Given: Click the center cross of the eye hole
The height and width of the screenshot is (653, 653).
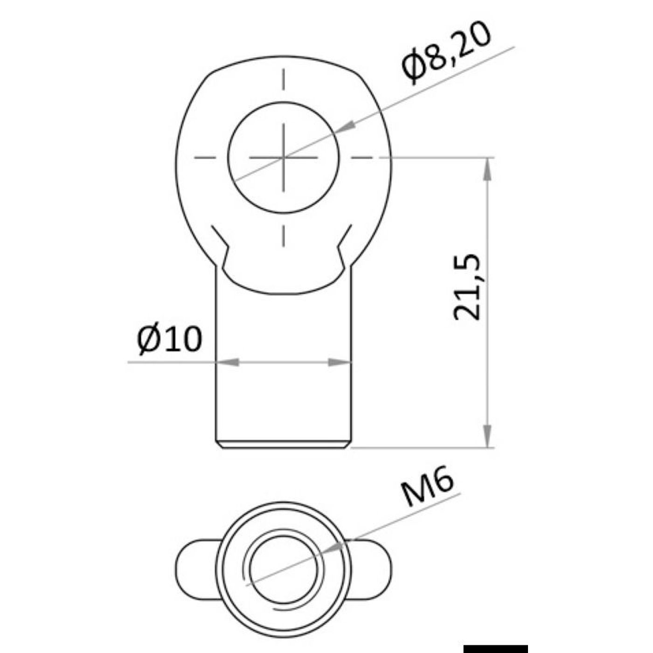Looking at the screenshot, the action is pos(284,158).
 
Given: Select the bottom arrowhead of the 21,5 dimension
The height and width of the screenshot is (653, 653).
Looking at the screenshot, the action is pos(487,436).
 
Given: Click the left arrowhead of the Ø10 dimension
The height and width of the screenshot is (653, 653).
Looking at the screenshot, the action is pos(227,362).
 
